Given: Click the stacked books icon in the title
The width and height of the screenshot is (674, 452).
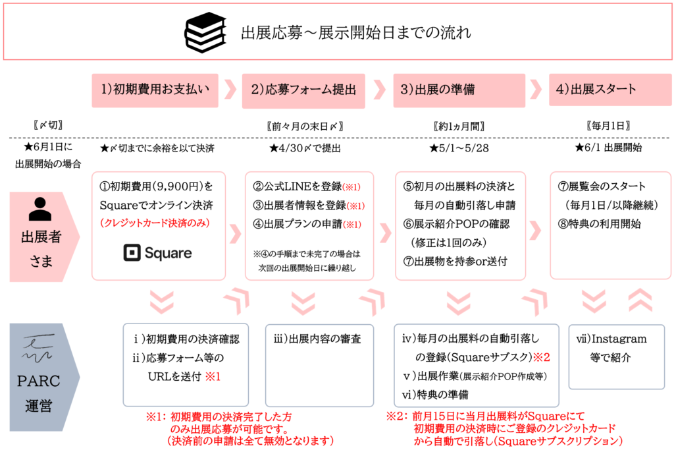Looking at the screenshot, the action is [205, 32].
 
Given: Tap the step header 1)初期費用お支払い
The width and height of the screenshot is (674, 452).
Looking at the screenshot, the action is [155, 90].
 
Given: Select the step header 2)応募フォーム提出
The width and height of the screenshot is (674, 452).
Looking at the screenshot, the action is [303, 90].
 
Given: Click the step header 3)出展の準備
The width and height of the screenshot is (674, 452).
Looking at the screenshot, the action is [459, 90].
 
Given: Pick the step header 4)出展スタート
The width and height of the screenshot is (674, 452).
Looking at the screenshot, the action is [610, 90].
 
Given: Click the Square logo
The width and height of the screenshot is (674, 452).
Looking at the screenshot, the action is [157, 253].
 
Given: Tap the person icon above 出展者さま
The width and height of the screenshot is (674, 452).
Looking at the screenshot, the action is [40, 210].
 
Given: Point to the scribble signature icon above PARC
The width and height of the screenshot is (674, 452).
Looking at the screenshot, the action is [38, 348].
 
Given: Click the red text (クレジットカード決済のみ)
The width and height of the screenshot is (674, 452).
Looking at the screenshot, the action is [155, 223].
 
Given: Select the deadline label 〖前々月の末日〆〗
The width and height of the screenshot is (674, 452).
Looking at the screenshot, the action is [305, 126].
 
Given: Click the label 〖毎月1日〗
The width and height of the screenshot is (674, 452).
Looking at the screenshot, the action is [608, 126].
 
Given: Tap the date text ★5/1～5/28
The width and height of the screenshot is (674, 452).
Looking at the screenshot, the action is [459, 148].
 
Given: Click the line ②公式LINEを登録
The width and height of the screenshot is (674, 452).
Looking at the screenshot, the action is [298, 186].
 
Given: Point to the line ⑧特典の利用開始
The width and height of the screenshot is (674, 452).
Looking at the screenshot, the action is [599, 224].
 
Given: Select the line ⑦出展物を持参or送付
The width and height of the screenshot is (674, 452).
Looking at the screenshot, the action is [455, 262].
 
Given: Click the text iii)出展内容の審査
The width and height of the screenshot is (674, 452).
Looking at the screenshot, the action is [317, 339].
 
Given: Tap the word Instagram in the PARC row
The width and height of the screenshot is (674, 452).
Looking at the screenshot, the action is [619, 339].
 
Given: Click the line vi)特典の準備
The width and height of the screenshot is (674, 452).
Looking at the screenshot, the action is [435, 395].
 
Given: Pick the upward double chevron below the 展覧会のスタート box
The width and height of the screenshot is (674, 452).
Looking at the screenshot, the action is [640, 300].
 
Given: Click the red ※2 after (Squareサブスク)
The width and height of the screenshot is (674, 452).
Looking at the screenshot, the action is [542, 357].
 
